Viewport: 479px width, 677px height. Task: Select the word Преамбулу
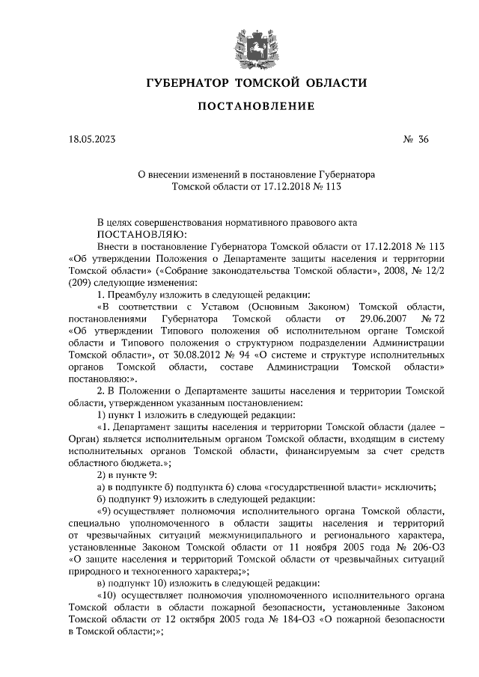[138, 295]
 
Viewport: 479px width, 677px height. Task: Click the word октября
[180, 621]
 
